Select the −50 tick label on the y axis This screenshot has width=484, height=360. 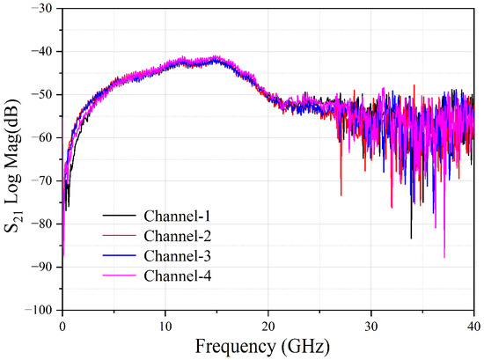(43, 95)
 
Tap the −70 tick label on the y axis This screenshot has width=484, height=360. (43, 181)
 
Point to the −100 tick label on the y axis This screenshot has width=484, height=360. (40, 310)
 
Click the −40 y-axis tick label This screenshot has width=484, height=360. (43, 52)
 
